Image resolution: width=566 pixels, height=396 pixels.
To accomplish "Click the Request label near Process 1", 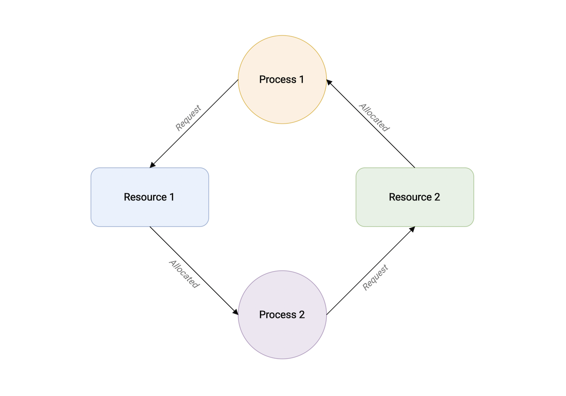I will (x=188, y=118).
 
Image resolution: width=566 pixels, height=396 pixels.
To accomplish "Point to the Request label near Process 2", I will (x=375, y=277).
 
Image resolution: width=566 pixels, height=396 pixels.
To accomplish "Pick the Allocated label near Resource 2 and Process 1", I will (x=375, y=118).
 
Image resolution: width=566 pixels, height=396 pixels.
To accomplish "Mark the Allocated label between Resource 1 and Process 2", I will (x=184, y=274).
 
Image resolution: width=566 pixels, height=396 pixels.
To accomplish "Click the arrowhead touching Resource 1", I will (x=152, y=165).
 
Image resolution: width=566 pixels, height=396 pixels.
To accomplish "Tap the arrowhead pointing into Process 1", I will (x=329, y=82).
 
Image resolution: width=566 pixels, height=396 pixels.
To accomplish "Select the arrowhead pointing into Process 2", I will (x=235, y=312).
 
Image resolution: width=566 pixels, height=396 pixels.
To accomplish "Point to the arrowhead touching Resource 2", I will (x=412, y=229).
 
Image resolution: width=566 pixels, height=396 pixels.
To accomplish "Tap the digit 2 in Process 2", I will (x=301, y=315).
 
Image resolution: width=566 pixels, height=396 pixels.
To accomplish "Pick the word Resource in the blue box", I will (x=145, y=197).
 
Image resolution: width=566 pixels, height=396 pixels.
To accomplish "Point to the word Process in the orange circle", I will (x=277, y=79).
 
